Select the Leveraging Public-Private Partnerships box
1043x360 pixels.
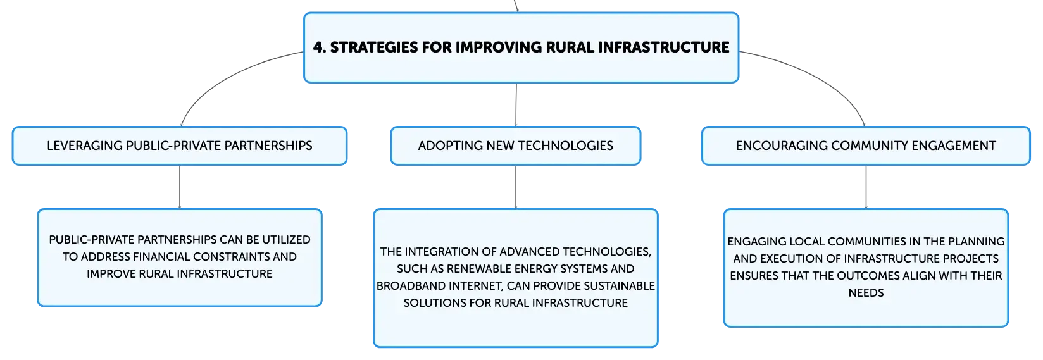(x=180, y=146)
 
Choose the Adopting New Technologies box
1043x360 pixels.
(x=516, y=146)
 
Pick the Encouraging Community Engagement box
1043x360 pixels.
(x=866, y=146)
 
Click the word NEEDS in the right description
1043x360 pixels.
(x=866, y=293)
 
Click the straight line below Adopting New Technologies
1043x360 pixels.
(x=516, y=187)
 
